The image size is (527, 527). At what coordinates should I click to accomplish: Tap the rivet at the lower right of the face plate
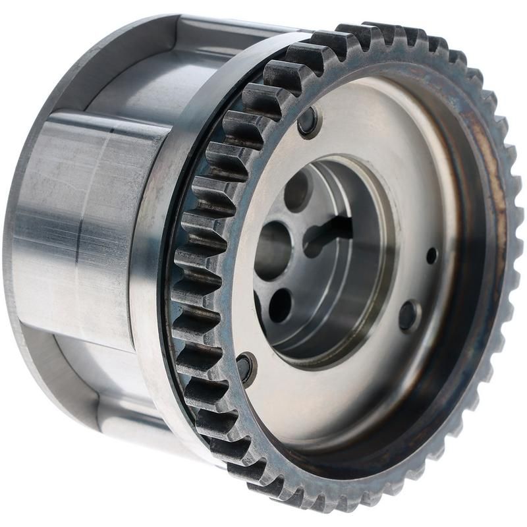pyautogui.click(x=408, y=316)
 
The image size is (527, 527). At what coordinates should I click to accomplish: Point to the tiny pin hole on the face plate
pyautogui.click(x=431, y=256)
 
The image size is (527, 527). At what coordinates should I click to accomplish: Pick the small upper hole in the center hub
pyautogui.click(x=296, y=192)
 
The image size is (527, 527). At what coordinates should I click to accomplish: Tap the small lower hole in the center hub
pyautogui.click(x=280, y=305)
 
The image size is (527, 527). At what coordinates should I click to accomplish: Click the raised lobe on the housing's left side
pyautogui.click(x=86, y=231)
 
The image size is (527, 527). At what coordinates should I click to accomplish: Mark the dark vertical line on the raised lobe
pyautogui.click(x=78, y=231)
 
